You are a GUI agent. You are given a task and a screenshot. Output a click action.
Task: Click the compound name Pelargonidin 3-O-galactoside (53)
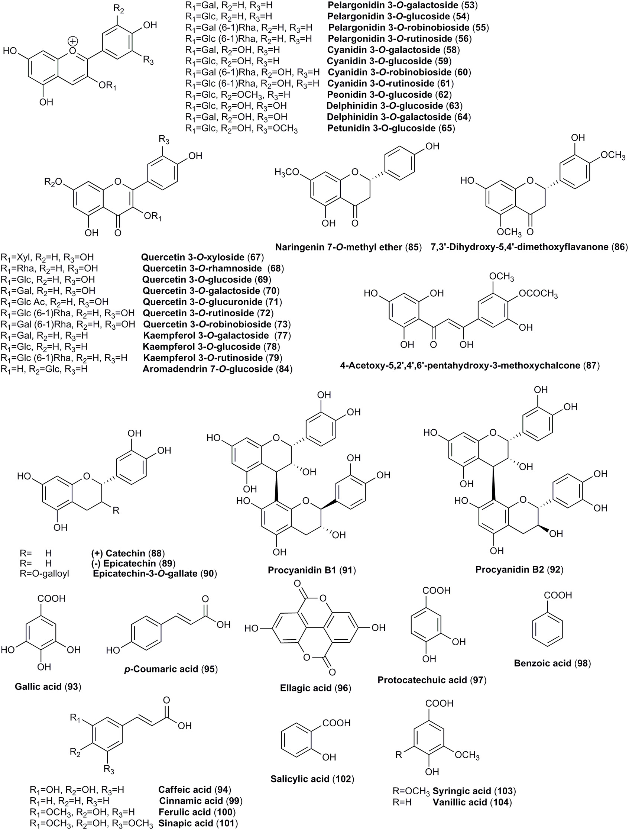pyautogui.click(x=402, y=5)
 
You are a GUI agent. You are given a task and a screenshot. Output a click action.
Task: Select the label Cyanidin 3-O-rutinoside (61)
pyautogui.click(x=390, y=83)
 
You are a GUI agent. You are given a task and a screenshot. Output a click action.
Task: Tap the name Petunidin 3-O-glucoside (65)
pyautogui.click(x=391, y=128)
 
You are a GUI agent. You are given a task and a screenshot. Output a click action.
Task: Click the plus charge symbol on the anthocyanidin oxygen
pyautogui.click(x=73, y=41)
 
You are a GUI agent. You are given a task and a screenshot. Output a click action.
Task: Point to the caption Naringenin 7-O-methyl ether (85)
pyautogui.click(x=348, y=247)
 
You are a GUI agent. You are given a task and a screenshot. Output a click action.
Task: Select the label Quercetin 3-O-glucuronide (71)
pyautogui.click(x=212, y=302)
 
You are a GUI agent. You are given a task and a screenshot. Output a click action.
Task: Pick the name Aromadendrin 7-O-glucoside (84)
pyautogui.click(x=217, y=369)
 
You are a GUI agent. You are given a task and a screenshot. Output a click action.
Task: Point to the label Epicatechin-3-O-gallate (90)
pyautogui.click(x=155, y=574)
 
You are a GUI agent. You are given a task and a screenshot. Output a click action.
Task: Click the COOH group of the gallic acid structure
pyautogui.click(x=51, y=598)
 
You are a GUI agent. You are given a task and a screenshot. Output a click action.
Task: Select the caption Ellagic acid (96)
pyautogui.click(x=315, y=688)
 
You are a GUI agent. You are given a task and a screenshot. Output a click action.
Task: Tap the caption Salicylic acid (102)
pyautogui.click(x=312, y=779)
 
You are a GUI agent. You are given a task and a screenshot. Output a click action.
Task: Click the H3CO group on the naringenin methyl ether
pyautogui.click(x=287, y=172)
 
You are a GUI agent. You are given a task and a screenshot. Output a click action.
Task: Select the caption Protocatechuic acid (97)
pyautogui.click(x=432, y=680)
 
